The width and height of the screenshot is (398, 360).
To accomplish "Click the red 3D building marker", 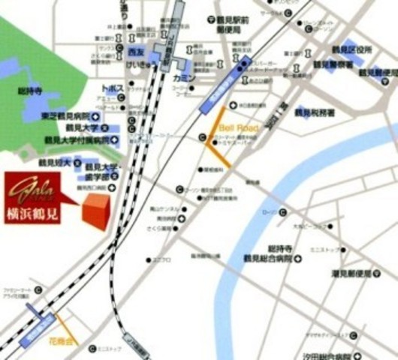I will coord(93,211).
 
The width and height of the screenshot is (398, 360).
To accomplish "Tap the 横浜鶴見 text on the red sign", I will coord(33,211).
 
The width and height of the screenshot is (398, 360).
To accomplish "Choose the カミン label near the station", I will coord(183,79).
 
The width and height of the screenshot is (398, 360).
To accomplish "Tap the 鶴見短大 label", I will coord(54,162).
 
